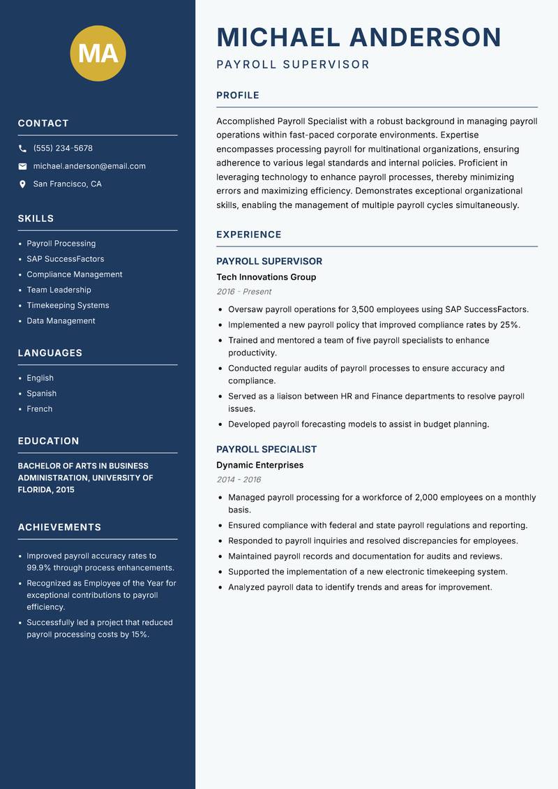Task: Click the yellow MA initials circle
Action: [98, 53]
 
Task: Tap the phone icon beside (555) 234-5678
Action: [22, 148]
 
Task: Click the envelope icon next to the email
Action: [22, 166]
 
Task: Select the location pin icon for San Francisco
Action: [22, 184]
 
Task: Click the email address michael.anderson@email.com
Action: [89, 166]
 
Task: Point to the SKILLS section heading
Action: [36, 219]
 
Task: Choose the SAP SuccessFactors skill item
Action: [65, 259]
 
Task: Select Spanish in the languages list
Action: [41, 393]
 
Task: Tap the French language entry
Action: [39, 408]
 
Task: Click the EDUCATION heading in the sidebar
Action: [48, 441]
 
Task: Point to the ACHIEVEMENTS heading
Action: [59, 527]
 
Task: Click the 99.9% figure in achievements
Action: [38, 568]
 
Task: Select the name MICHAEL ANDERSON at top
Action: [359, 37]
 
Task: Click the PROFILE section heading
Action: [237, 96]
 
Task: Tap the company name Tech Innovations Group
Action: [266, 277]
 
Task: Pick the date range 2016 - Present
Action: [243, 292]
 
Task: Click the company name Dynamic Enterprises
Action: [259, 465]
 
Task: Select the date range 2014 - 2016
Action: [239, 480]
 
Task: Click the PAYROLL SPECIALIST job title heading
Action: [266, 450]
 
